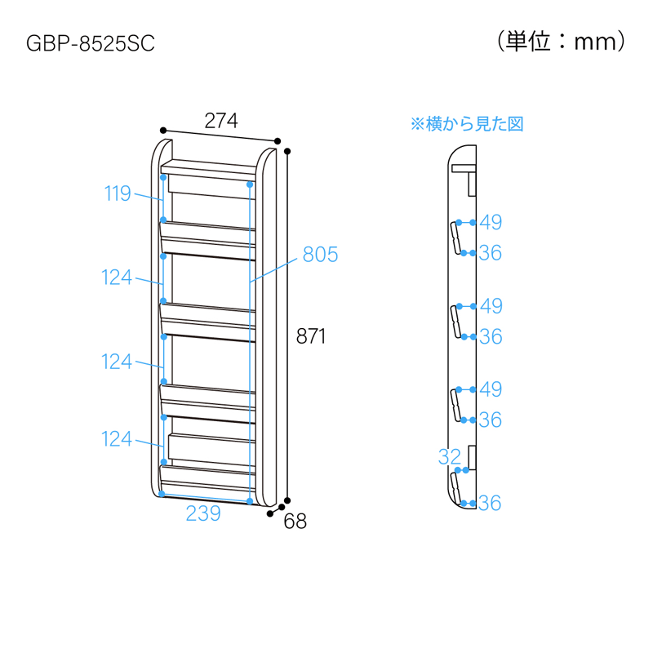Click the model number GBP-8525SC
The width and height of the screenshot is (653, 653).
tap(91, 43)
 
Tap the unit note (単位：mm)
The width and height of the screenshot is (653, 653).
tap(561, 42)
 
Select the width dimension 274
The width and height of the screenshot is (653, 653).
tap(221, 121)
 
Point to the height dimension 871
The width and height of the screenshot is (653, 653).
tap(311, 336)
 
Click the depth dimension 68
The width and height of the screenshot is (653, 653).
tap(295, 521)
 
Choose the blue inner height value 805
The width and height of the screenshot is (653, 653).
tap(320, 254)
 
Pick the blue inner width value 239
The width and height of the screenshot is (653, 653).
tap(203, 513)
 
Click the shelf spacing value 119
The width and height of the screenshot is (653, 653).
tap(118, 193)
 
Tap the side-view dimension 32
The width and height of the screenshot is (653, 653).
tap(450, 457)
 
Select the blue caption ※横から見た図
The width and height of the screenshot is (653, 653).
tap(467, 124)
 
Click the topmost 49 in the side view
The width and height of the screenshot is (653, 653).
tap(491, 222)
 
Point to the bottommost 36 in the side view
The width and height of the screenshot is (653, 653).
tap(490, 503)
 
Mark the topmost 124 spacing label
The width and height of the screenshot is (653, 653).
tap(117, 278)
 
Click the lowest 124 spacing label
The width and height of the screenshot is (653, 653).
tap(117, 439)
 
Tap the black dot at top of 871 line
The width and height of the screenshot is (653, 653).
tap(287, 151)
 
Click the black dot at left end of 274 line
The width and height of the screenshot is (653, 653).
tap(163, 131)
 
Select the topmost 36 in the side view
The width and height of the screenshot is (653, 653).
tap(491, 253)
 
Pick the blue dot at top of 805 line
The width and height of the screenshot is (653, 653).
tap(250, 184)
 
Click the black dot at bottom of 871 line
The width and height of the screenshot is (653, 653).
tap(287, 500)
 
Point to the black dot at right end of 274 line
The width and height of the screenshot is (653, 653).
tap(278, 141)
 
